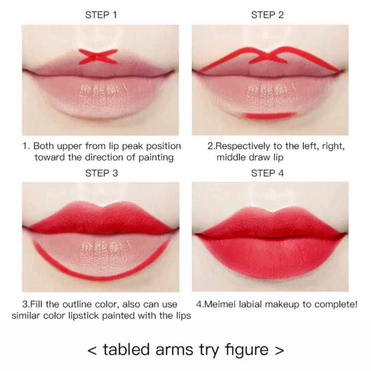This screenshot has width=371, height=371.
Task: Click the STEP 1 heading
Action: point(101,15)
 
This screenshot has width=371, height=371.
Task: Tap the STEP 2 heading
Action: point(268,15)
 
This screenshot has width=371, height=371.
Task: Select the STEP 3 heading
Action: point(101,173)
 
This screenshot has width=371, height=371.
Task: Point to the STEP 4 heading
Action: point(268,173)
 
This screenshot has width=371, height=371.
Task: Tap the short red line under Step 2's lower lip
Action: point(270,115)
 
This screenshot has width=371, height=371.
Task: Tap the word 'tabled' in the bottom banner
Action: point(126,349)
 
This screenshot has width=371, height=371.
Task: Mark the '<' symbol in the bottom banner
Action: point(92,350)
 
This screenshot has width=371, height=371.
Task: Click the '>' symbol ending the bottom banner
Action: point(279,350)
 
